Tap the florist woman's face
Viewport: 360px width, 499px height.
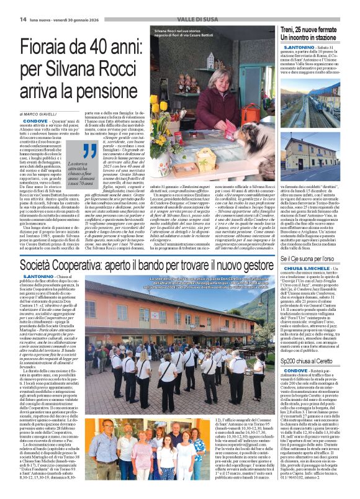click(x=217, y=83)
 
